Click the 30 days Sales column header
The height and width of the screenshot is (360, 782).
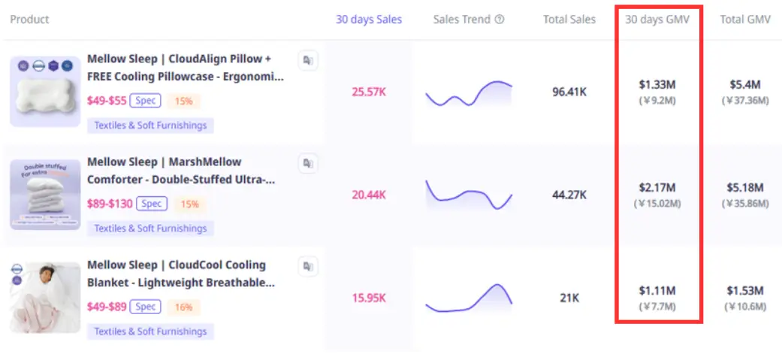(368, 20)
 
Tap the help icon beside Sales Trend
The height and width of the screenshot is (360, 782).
(500, 20)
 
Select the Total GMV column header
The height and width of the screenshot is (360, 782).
(745, 20)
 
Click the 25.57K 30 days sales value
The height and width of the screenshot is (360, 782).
(368, 92)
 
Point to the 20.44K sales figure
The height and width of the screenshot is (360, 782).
(368, 195)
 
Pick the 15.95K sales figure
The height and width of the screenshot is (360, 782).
(368, 298)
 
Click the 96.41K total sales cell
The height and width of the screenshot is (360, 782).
(569, 92)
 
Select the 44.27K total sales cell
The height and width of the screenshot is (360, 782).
(569, 195)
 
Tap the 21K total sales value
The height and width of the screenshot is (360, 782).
(569, 298)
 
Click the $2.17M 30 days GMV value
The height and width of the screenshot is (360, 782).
(657, 187)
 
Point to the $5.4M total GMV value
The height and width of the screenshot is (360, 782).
(745, 84)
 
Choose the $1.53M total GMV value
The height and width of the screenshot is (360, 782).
(745, 290)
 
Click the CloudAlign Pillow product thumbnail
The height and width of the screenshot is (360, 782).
(45, 92)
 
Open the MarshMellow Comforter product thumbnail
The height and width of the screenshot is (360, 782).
(45, 195)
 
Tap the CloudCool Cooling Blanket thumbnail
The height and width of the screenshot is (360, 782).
(45, 298)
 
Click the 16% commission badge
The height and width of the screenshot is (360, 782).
(184, 307)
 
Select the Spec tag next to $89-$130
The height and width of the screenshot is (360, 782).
(152, 204)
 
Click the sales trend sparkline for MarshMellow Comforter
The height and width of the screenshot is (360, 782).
(469, 195)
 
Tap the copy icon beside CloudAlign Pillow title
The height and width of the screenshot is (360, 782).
(308, 60)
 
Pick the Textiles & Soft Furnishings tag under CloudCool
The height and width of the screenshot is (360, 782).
(150, 331)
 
